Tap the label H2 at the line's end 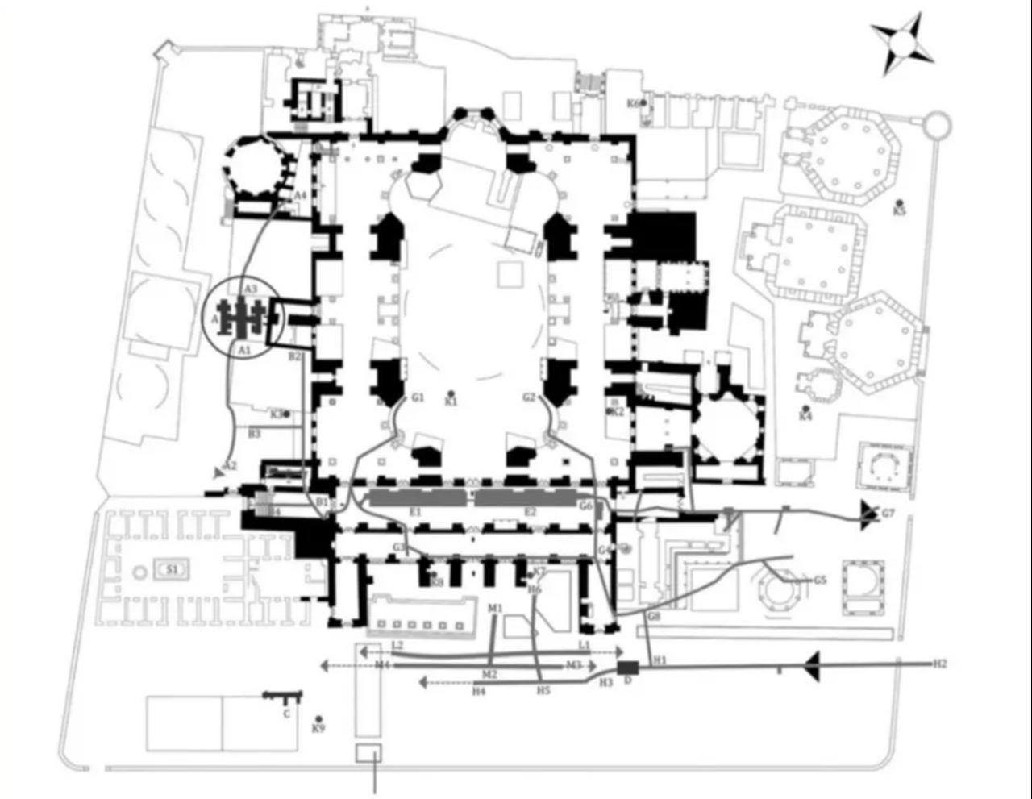[940, 664]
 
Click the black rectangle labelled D [628, 668]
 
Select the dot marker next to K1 [451, 393]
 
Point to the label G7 [888, 514]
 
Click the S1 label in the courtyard [172, 570]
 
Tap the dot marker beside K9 [319, 719]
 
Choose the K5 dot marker [900, 202]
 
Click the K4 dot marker [805, 409]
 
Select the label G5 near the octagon [819, 580]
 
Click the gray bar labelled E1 [416, 498]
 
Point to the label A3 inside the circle [250, 289]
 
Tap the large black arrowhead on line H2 [813, 666]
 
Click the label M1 [495, 607]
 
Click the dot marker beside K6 [643, 103]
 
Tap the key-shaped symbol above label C [282, 695]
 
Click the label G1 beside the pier [417, 397]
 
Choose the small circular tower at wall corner [938, 126]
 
